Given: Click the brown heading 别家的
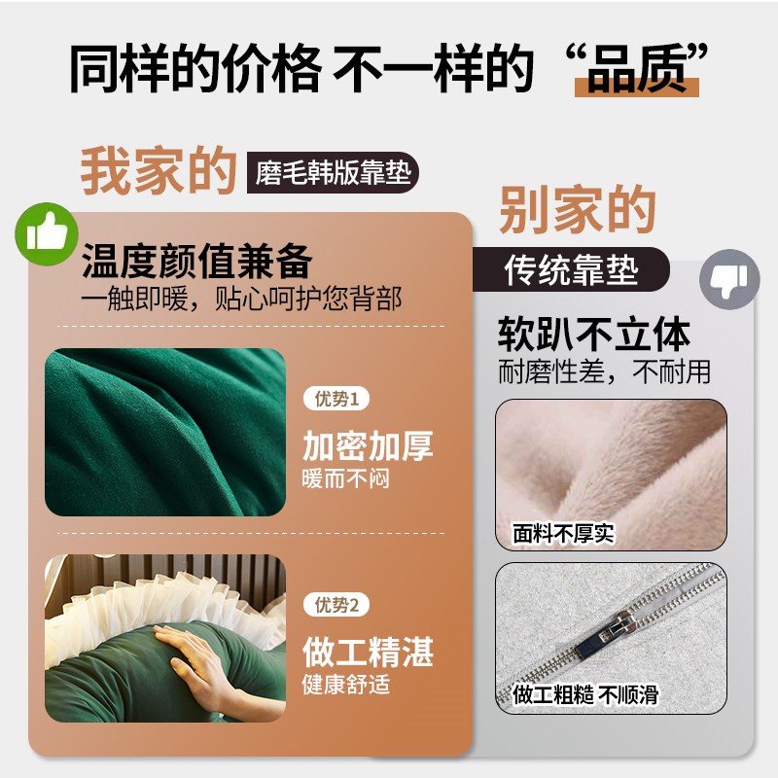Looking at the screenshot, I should click(578, 210).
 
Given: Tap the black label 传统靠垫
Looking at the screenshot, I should click(572, 270).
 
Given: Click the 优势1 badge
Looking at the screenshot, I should click(337, 399).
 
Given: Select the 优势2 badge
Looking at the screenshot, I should click(337, 605).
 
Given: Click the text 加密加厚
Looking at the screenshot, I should click(368, 446).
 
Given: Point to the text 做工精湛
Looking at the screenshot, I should click(368, 652).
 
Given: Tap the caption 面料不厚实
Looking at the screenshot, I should click(564, 534).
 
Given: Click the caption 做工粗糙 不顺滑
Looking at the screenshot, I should click(585, 694).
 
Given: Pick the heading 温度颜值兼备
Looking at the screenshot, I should click(196, 263).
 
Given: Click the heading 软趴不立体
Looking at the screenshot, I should click(594, 335).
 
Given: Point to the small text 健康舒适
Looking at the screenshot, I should click(346, 684).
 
